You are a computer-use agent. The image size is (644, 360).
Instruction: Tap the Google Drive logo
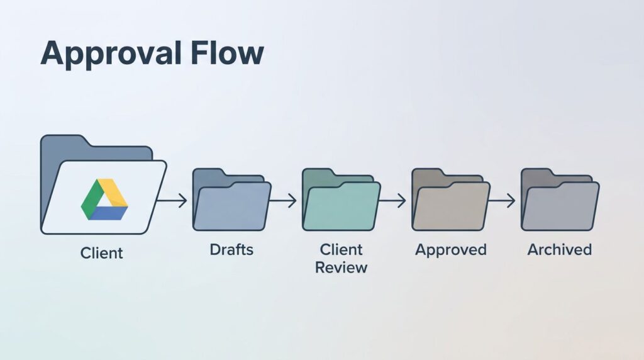[x=104, y=200]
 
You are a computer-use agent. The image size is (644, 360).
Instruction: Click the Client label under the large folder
[x=102, y=253]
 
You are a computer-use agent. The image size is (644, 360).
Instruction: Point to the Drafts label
[x=231, y=249]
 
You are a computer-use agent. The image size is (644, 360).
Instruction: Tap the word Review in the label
[x=341, y=267]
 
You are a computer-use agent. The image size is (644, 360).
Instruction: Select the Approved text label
[x=450, y=250]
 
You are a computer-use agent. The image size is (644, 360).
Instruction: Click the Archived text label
[x=560, y=250]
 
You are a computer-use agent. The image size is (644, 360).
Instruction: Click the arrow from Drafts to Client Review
[x=284, y=201]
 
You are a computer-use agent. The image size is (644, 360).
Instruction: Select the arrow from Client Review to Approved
[x=393, y=201]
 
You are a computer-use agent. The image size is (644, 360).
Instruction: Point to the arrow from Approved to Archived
[x=502, y=201]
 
